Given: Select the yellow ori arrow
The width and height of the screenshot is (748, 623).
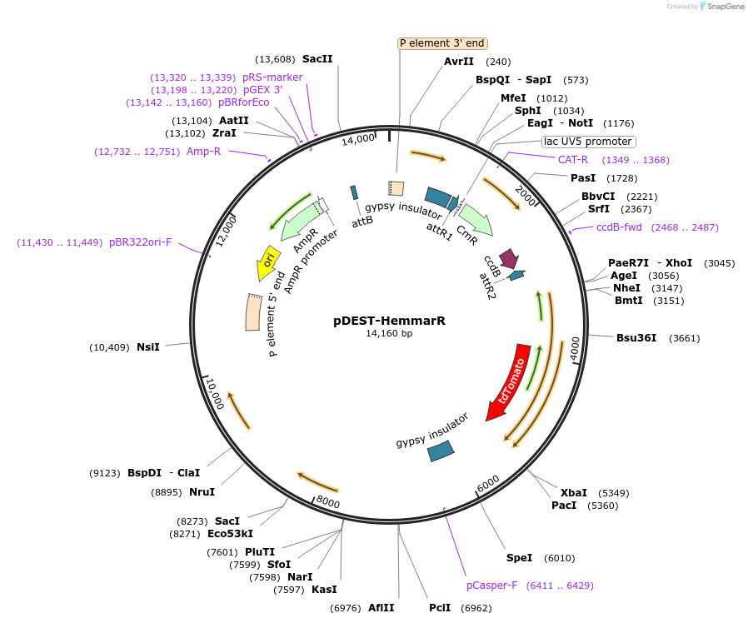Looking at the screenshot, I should (x=268, y=262).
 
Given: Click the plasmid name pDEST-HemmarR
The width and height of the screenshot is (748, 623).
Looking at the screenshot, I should (x=389, y=320).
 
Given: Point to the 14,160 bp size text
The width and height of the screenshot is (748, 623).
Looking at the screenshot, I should (x=389, y=333).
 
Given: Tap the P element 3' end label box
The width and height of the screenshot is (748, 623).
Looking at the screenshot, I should (x=441, y=43).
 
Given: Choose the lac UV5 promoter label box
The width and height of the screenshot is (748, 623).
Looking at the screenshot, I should (x=587, y=142).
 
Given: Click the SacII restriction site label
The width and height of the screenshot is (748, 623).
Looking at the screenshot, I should (x=317, y=59).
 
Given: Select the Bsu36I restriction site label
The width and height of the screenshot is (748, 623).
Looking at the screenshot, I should (x=636, y=338).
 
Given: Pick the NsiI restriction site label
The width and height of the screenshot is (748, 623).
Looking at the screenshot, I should (x=148, y=346).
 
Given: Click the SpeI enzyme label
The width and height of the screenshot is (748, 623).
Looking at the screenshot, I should (x=519, y=558).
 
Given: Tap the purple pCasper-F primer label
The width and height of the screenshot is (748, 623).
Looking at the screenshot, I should (x=491, y=586).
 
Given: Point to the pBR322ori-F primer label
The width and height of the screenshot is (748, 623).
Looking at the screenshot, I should (x=140, y=242).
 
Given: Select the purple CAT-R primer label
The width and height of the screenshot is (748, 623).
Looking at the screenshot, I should (x=573, y=160).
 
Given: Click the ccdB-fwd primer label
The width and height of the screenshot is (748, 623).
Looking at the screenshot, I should (x=619, y=227).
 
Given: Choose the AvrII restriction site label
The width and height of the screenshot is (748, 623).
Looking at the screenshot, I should (x=458, y=62).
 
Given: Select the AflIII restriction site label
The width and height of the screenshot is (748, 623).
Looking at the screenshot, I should (x=381, y=608).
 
